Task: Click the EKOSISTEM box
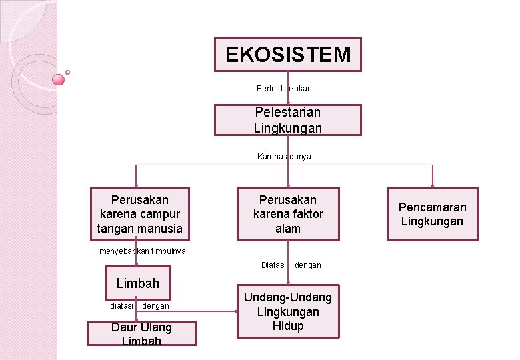pos(287,54)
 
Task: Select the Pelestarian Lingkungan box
pos(287,120)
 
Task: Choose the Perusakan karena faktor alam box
pos(288,214)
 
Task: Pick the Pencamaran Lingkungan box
pos(432,214)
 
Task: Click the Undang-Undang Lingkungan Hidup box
pos(287,311)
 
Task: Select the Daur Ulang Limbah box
pos(142,334)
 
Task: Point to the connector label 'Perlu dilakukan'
pos(284,88)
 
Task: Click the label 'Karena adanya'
pos(284,157)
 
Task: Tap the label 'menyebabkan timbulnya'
pos(143,251)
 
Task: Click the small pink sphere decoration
pos(59,79)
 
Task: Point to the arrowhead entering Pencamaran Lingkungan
pos(432,184)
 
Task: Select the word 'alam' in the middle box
pos(288,229)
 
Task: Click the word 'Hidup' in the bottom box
pos(288,326)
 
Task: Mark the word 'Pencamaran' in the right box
pos(432,207)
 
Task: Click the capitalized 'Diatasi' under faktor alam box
pos(273,265)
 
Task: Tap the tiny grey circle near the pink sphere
pos(68,72)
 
